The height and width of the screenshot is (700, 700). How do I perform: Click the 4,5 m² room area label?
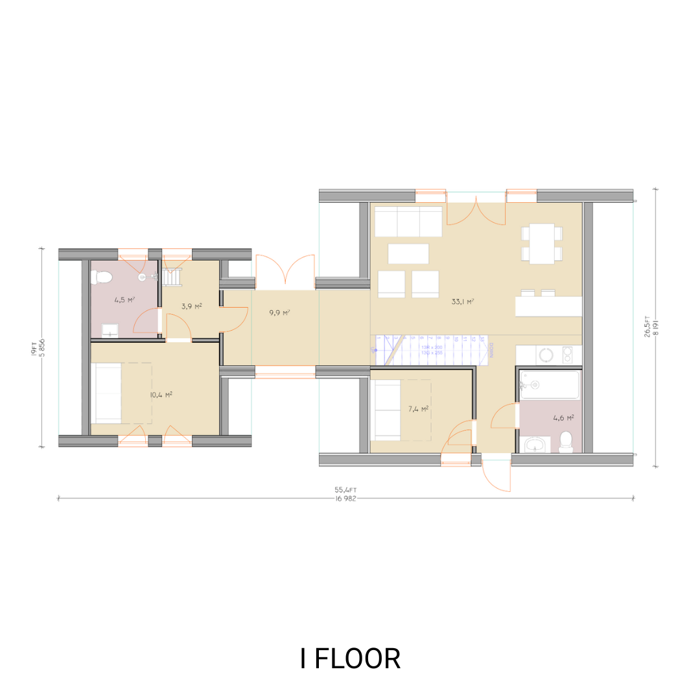(x=124, y=300)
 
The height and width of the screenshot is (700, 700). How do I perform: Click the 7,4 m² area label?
(x=418, y=409)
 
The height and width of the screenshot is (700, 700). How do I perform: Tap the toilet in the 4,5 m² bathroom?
(x=102, y=277)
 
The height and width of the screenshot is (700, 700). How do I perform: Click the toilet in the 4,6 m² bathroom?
(x=566, y=441)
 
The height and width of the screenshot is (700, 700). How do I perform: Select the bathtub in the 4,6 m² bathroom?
(x=550, y=384)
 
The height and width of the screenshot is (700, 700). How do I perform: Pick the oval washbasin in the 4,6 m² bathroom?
(x=535, y=444)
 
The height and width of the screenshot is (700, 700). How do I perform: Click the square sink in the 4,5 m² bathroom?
(x=110, y=331)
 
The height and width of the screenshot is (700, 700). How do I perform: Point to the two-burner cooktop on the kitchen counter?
(x=568, y=355)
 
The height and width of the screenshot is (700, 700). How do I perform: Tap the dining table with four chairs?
(x=541, y=243)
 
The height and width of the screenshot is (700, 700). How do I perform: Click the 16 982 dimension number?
(x=345, y=498)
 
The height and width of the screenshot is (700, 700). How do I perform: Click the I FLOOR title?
(x=350, y=659)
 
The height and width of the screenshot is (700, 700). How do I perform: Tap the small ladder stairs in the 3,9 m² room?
(x=173, y=277)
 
